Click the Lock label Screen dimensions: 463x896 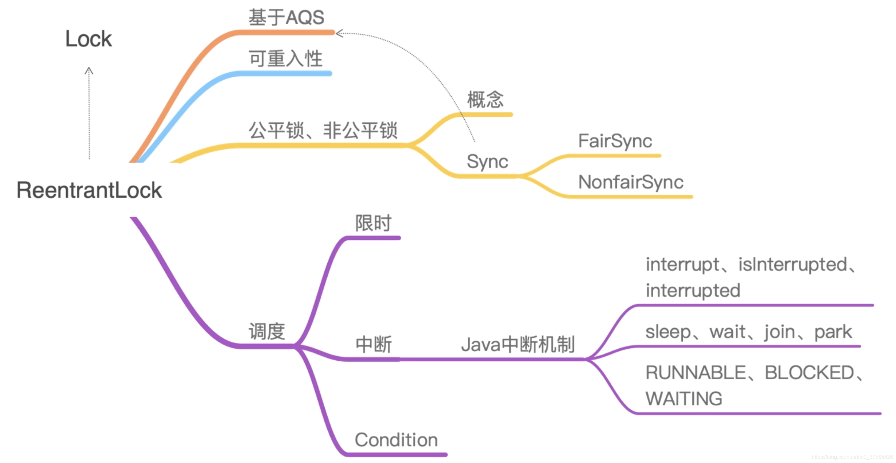(88, 39)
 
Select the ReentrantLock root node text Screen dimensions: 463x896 (89, 190)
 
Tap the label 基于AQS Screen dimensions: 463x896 (286, 17)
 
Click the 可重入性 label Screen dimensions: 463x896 (285, 58)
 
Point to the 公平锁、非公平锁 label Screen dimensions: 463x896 (323, 131)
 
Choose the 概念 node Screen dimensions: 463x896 (485, 99)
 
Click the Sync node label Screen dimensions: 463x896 (487, 161)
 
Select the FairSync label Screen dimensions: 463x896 (615, 141)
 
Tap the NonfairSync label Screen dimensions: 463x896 (630, 182)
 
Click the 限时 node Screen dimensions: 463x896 (373, 223)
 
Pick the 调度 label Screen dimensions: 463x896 (267, 331)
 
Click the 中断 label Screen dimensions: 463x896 (373, 344)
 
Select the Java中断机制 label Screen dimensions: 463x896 (518, 344)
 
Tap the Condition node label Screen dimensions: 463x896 (396, 440)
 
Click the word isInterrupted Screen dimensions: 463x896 (792, 264)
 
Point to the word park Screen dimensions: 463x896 (833, 332)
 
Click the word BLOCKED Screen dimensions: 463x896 (809, 372)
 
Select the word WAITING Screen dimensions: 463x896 (683, 399)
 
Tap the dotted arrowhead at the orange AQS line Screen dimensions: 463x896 (339, 33)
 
